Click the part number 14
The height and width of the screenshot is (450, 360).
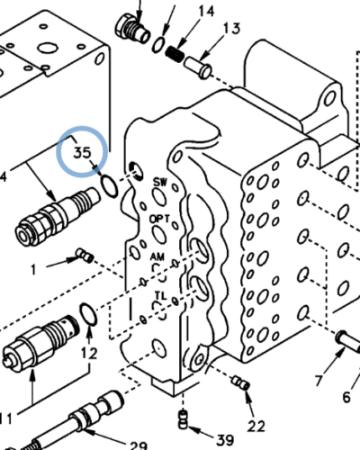[206, 11]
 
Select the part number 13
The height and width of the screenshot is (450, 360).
[231, 29]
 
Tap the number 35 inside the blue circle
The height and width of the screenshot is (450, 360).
[83, 151]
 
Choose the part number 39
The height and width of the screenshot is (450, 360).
[225, 439]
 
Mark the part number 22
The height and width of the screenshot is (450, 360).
[256, 424]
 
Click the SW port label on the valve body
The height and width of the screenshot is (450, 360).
[161, 181]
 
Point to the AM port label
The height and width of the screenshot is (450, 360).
[157, 256]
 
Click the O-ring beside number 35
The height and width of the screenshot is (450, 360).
[106, 184]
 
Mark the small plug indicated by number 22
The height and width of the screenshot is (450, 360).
[238, 383]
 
